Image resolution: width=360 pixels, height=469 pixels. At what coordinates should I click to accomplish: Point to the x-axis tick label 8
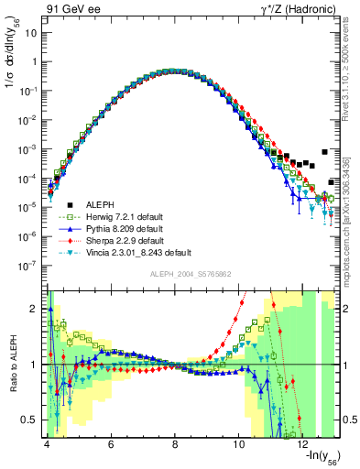point(174,444)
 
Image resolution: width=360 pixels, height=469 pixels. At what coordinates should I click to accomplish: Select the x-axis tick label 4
point(46,444)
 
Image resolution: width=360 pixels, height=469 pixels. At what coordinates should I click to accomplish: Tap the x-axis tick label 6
point(110,444)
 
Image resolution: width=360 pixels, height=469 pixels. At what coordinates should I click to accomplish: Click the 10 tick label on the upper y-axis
point(32,32)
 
